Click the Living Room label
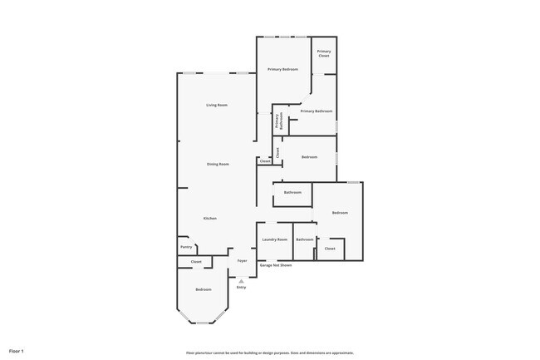[x=217, y=105]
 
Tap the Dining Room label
[x=218, y=164]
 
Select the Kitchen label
[x=210, y=218]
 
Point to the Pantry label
[x=186, y=246]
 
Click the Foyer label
[x=242, y=261]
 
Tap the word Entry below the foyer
[x=241, y=287]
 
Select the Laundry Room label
[x=274, y=239]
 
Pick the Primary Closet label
[x=324, y=53]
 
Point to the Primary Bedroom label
[x=282, y=69]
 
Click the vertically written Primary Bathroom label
[x=279, y=121]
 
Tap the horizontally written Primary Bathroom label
[x=317, y=111]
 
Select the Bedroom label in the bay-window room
[x=204, y=289]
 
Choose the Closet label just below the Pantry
[x=196, y=262]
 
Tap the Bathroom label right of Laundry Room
[x=305, y=239]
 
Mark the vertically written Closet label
[x=277, y=151]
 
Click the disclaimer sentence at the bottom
[x=270, y=353]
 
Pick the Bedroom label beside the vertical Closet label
[x=309, y=156]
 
